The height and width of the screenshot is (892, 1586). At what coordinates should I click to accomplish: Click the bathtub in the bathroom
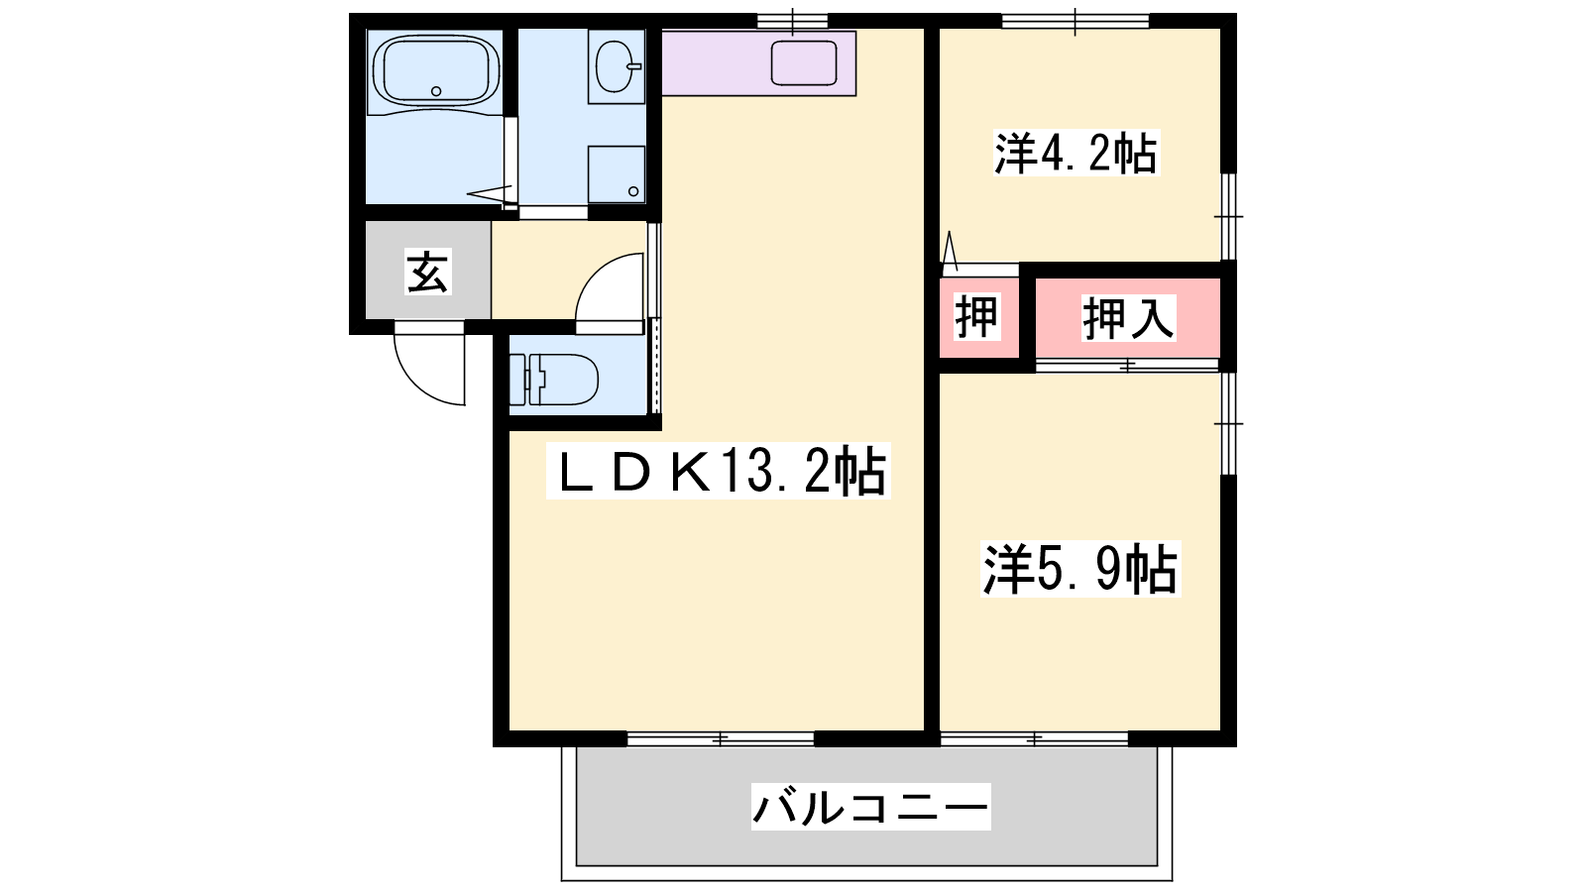pos(436,71)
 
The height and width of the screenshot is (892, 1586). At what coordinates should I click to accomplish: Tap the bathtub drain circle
pos(436,91)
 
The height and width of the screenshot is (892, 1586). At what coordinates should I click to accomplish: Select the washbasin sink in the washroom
pos(616,65)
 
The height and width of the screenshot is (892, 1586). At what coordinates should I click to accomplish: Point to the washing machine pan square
pos(617,174)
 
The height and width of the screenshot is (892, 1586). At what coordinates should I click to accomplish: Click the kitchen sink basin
pos(804,63)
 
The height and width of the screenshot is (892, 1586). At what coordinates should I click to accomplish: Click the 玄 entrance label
pos(427,272)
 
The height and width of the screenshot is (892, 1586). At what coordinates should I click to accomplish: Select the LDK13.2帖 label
pos(719,472)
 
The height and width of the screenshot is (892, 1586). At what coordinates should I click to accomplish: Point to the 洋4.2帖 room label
pos(1076,153)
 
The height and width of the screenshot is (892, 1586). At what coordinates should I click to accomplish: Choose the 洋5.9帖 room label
pos(1080,569)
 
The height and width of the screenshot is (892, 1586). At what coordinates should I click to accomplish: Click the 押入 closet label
pos(1129,318)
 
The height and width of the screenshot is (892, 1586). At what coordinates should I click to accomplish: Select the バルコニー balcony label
pos(871,807)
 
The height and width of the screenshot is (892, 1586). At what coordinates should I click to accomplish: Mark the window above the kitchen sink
pos(792,21)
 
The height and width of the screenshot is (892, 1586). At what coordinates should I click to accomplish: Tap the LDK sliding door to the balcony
pos(720,739)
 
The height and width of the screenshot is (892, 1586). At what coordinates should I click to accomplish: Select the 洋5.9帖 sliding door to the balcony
pos(1035,739)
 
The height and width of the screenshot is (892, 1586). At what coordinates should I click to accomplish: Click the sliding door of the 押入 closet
pos(1127,366)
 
